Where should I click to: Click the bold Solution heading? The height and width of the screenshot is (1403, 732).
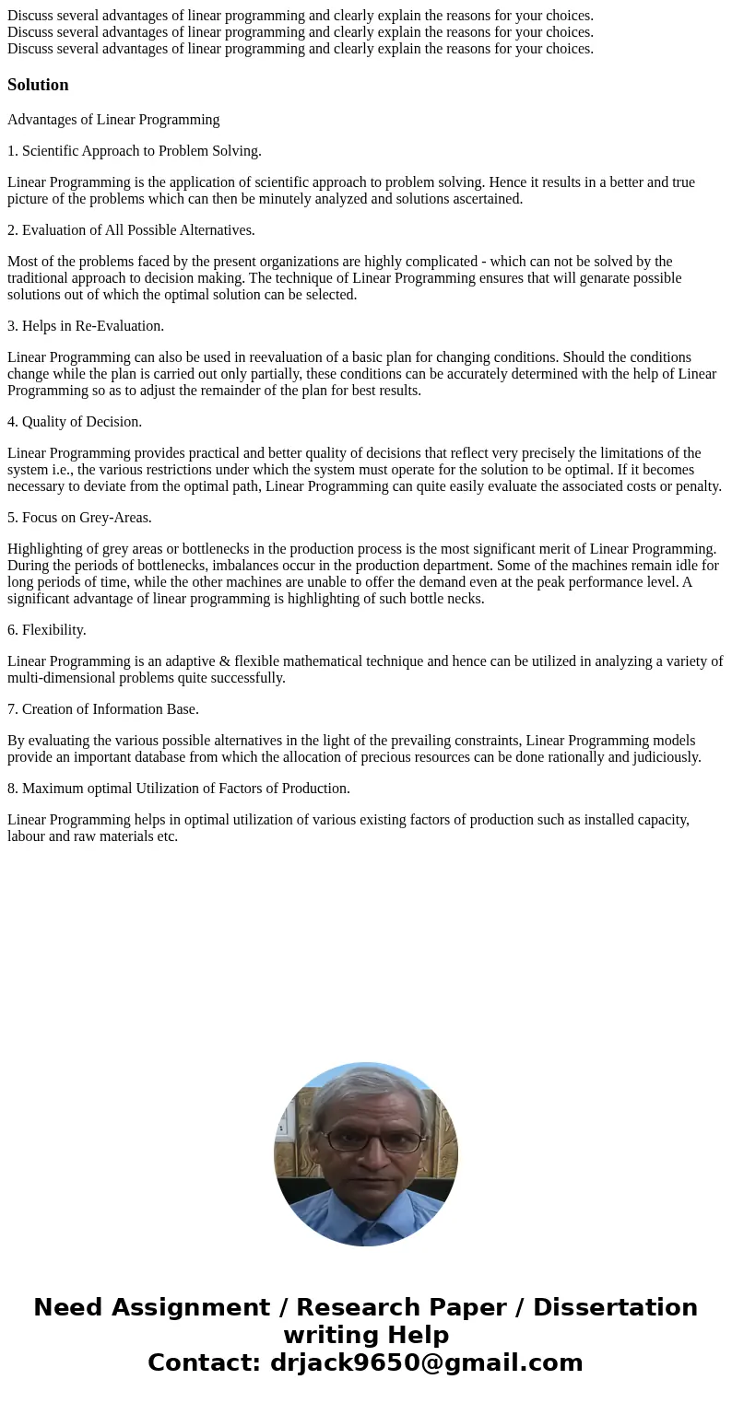click(x=38, y=85)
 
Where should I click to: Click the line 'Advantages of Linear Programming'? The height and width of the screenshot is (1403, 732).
click(x=113, y=120)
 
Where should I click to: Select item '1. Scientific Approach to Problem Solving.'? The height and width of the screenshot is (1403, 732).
click(x=135, y=151)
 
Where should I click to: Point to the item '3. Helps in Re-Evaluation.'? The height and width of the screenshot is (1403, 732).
click(x=86, y=326)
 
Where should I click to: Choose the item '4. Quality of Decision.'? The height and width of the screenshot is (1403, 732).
click(x=75, y=422)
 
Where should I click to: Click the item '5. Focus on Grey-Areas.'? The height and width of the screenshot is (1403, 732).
click(x=79, y=518)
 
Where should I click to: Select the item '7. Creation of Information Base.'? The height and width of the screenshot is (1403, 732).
click(x=103, y=709)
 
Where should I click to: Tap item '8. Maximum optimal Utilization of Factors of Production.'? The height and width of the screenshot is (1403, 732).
click(x=179, y=789)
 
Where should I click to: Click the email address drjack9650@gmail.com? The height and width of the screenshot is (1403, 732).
click(x=426, y=1362)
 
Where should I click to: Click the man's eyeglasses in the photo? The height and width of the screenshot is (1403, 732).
click(x=367, y=1141)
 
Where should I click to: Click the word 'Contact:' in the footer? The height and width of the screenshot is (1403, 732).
click(x=205, y=1362)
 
